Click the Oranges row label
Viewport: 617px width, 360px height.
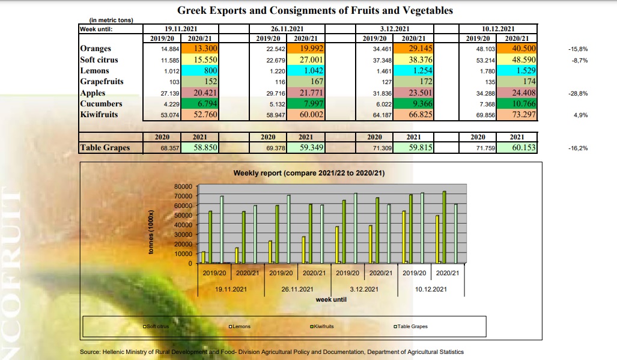click(x=96, y=49)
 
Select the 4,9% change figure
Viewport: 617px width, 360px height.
click(x=580, y=115)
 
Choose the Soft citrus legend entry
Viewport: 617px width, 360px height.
click(x=157, y=326)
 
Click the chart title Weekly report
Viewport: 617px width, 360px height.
click(x=309, y=174)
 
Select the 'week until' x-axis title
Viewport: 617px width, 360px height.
click(x=330, y=299)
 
